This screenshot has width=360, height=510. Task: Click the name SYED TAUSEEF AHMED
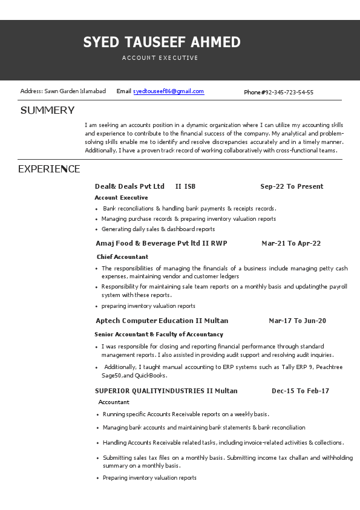[x=162, y=42]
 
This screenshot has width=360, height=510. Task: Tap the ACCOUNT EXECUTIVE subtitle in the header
[x=160, y=58]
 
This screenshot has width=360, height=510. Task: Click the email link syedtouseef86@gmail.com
[x=168, y=91]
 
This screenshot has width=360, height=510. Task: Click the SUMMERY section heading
[x=47, y=110]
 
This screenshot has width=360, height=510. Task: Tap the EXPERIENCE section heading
[x=49, y=169]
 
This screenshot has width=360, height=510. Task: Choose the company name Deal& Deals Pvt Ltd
[x=129, y=186]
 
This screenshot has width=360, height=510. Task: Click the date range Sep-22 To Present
[x=292, y=186]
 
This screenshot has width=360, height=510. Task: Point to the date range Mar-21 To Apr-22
[x=291, y=243]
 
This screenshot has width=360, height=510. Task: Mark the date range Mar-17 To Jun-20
[x=297, y=321]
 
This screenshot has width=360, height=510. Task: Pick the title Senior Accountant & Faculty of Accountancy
[x=159, y=335]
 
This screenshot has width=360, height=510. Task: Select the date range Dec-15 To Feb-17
[x=300, y=391]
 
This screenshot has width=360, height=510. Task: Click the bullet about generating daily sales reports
[x=158, y=229]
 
